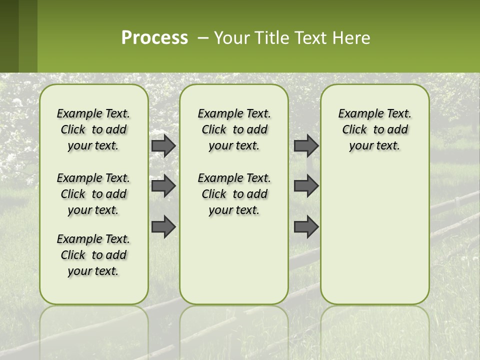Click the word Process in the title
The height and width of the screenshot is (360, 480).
(x=154, y=38)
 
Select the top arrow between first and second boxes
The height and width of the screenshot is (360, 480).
(x=163, y=145)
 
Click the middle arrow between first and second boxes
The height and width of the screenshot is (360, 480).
(x=163, y=186)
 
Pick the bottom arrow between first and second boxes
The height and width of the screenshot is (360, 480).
(x=163, y=226)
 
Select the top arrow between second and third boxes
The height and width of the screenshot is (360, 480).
(x=306, y=145)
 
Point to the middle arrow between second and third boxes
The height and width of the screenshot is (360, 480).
(x=306, y=186)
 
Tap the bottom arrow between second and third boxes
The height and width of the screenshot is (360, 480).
(x=306, y=226)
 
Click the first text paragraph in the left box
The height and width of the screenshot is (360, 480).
(x=93, y=129)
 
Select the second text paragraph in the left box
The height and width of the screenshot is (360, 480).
(x=93, y=194)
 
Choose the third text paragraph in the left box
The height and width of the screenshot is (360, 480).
(x=93, y=255)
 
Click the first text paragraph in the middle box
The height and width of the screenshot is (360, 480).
(x=234, y=129)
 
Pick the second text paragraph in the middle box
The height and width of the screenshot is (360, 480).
(x=234, y=194)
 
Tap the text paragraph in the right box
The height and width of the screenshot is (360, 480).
(x=374, y=129)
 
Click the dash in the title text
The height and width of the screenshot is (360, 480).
(x=203, y=38)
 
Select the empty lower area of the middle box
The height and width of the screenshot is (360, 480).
(x=234, y=260)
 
